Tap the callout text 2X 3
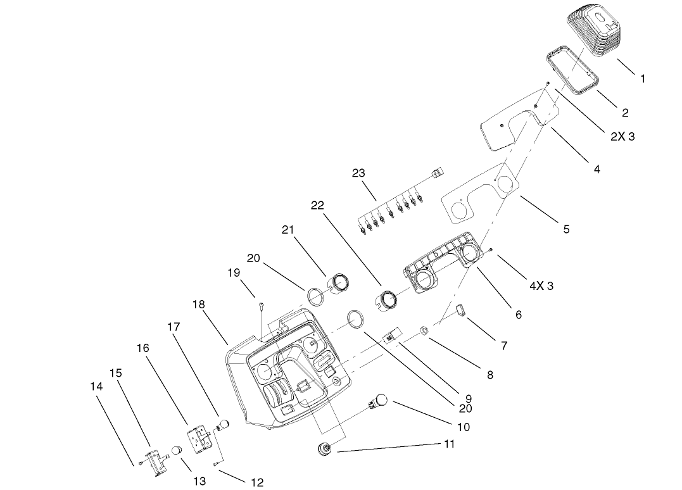click(x=622, y=137)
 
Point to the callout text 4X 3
click(x=541, y=286)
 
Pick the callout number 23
click(x=358, y=173)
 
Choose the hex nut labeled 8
click(x=425, y=329)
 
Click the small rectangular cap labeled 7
click(x=459, y=310)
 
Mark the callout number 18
click(x=198, y=305)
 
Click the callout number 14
click(x=96, y=385)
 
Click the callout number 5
click(x=566, y=229)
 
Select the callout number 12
click(x=256, y=482)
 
